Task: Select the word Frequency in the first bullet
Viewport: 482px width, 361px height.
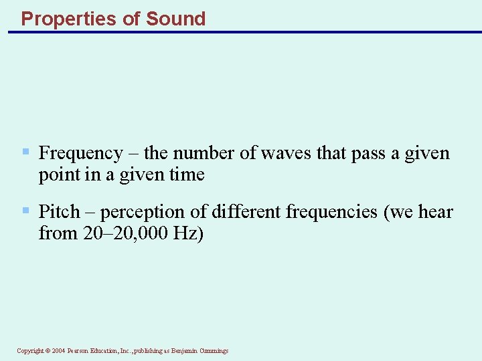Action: tap(80, 154)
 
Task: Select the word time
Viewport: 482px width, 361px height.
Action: tap(187, 175)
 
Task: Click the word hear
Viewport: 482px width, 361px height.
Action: tap(436, 213)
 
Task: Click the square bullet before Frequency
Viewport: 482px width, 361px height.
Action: tap(26, 152)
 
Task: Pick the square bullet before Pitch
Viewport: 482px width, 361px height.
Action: tap(26, 211)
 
